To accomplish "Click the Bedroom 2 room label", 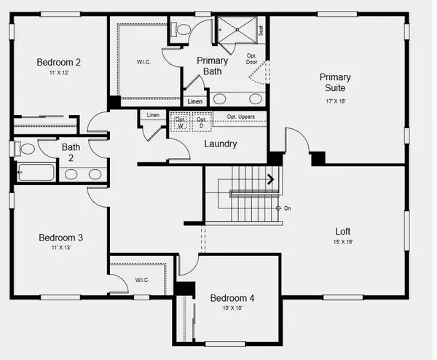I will pos(59,63).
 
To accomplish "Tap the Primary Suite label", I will pos(335,82).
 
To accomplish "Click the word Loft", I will pos(342,230).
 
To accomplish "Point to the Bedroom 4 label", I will pos(232,297).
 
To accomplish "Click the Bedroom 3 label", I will pos(60,238).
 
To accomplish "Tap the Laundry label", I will pos(220,144).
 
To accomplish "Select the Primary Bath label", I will pos(213,66).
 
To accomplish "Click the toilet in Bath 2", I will pos(27,149).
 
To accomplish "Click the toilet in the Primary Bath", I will pos(182,29).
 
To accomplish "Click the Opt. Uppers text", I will pos(240,117).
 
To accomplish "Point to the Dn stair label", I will pos(287,209).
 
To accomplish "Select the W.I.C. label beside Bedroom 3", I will pos(142,281).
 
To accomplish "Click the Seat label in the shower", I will pos(261,31).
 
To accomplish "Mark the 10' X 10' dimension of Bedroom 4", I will pos(232,308).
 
